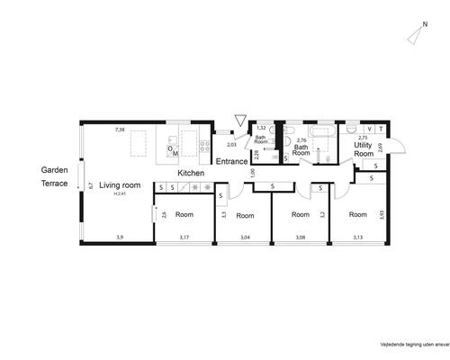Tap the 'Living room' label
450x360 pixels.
click(119, 184)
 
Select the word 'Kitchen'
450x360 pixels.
click(191, 173)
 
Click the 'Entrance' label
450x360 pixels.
click(230, 162)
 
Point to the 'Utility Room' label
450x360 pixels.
click(364, 149)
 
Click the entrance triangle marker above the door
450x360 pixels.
click(238, 120)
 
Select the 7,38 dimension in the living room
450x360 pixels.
click(119, 130)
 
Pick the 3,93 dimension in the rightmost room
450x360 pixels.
click(382, 215)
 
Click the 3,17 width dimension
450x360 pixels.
click(184, 237)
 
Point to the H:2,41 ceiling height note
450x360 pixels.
click(119, 193)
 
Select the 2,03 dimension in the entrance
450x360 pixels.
click(231, 144)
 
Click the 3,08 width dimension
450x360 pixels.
click(301, 237)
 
